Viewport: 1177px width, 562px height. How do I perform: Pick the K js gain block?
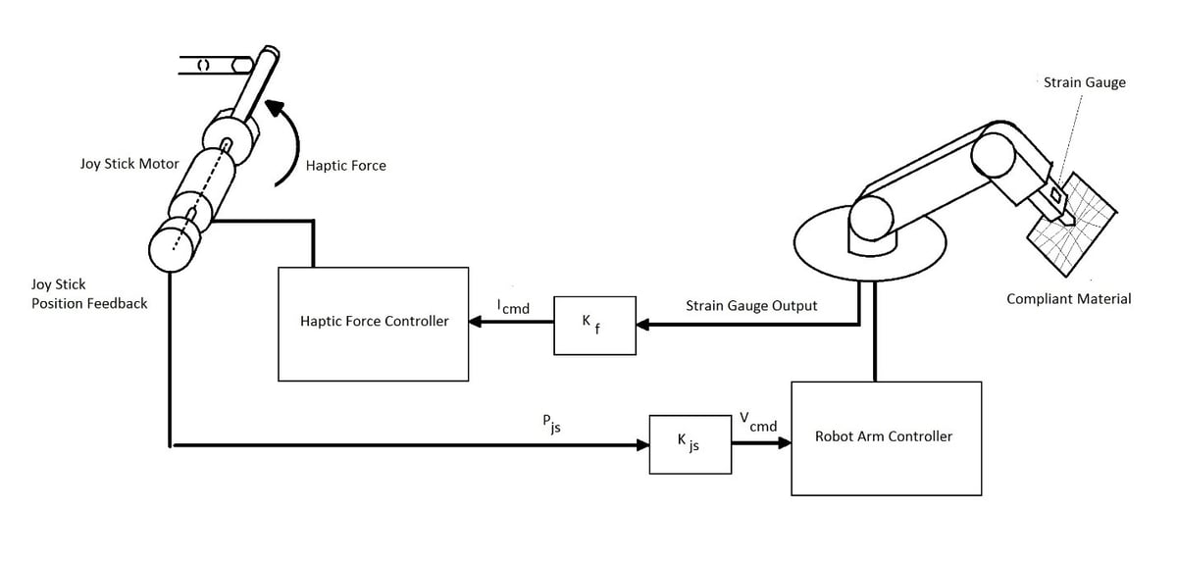click(x=690, y=443)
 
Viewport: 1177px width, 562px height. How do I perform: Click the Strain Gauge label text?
click(x=1084, y=82)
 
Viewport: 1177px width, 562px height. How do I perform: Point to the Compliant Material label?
click(x=1068, y=298)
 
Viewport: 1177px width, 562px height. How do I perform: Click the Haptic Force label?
click(x=345, y=166)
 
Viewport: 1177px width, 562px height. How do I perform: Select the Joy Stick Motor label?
click(x=129, y=164)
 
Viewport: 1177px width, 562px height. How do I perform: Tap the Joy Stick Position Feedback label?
click(x=89, y=294)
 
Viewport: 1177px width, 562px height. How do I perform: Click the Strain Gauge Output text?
click(x=751, y=306)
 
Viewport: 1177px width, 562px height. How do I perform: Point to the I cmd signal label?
click(x=513, y=307)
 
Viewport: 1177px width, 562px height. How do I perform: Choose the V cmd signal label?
click(x=758, y=423)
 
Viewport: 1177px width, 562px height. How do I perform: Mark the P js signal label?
click(x=551, y=424)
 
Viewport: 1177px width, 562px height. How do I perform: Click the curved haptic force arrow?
click(x=287, y=142)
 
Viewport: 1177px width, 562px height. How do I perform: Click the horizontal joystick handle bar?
click(x=211, y=66)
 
